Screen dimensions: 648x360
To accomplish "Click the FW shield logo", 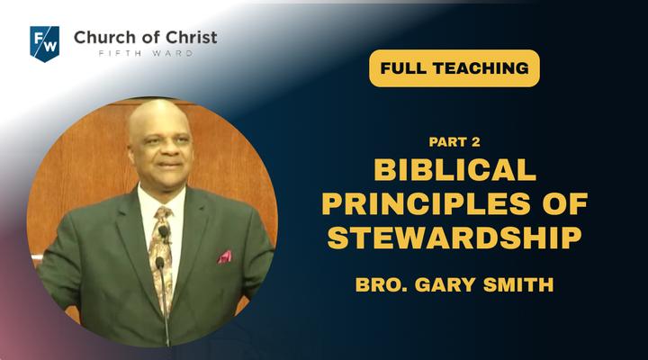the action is (x=45, y=44).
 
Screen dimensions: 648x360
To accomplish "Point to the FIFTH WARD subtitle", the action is (x=146, y=53).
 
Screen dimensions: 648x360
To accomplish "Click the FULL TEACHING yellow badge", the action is (x=454, y=68).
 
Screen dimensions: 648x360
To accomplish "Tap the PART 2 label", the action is (x=454, y=142).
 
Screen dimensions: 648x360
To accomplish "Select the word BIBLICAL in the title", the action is (x=455, y=170).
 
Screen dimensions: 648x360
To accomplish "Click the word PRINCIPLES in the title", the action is (x=426, y=203).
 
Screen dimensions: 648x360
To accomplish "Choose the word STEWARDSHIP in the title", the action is (x=454, y=238).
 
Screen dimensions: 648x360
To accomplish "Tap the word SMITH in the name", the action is (x=518, y=284).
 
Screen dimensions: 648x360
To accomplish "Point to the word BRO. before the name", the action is (x=381, y=284).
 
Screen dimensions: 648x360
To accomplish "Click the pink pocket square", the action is (x=225, y=256).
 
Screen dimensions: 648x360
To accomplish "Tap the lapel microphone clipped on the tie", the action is (x=164, y=232).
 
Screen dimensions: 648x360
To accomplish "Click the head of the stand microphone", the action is (x=160, y=263).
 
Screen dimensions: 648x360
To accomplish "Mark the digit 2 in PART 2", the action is (x=476, y=142).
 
